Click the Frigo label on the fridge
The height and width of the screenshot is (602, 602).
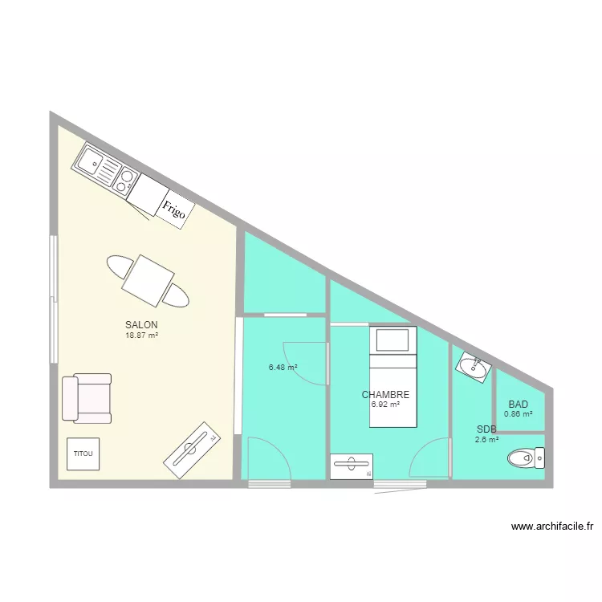(174, 210)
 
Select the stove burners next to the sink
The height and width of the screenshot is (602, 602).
(125, 181)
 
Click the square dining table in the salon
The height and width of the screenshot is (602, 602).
(148, 280)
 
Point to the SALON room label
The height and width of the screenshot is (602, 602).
(141, 324)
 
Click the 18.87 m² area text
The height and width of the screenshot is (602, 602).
(141, 335)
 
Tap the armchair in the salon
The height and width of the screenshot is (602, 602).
(86, 398)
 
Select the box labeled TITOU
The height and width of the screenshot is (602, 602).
(83, 454)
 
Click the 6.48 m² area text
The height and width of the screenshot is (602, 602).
(283, 368)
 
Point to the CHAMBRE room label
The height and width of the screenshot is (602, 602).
(385, 395)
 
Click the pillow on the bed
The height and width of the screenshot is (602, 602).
(393, 340)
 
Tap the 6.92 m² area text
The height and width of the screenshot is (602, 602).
(385, 405)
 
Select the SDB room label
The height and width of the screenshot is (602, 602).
(486, 429)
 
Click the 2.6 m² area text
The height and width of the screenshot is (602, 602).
(486, 439)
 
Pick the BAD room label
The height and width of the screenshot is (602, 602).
(518, 405)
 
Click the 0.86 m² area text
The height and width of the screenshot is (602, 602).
(518, 414)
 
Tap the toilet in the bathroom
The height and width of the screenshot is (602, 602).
(526, 458)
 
